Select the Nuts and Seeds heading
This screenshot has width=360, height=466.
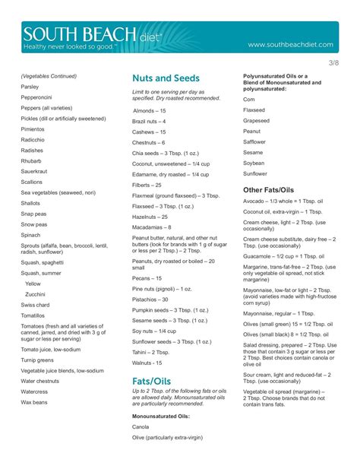point(166,78)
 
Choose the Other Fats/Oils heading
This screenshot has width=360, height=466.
point(268,189)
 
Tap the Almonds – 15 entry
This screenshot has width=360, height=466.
point(149,111)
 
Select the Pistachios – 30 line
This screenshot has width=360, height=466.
point(150,299)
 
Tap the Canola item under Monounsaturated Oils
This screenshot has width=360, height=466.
point(142,427)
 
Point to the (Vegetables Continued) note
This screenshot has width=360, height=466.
point(49,76)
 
